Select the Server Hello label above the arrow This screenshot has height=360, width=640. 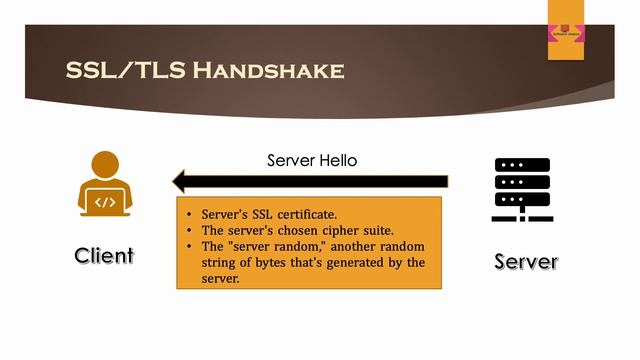tap(312, 160)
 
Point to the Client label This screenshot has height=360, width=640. tap(104, 255)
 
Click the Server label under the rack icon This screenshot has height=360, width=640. tap(526, 262)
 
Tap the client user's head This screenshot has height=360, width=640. tap(105, 164)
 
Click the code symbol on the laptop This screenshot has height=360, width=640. tap(105, 202)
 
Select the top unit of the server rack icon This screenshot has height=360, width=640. tap(523, 166)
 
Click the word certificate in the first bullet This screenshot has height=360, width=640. tap(299, 215)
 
